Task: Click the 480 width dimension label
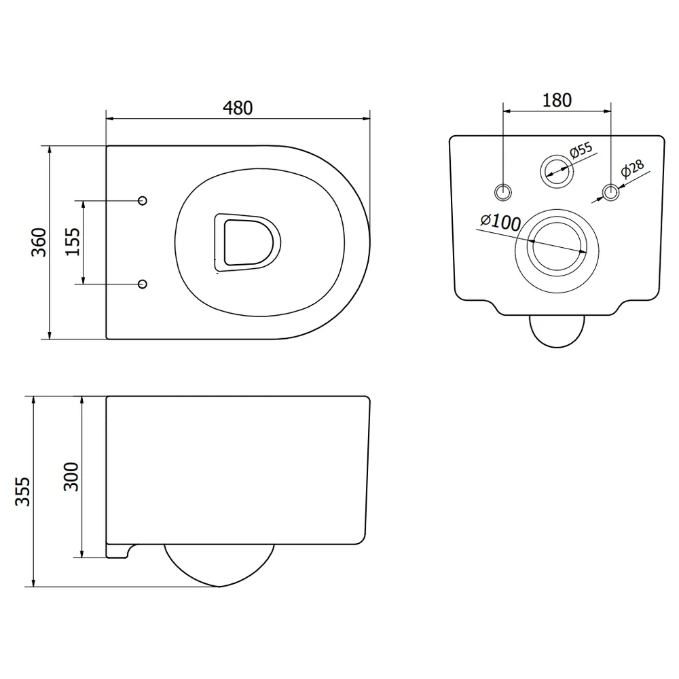238,108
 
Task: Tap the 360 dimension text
39,242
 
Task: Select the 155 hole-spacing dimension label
73,242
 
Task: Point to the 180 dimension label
557,100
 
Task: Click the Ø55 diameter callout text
581,149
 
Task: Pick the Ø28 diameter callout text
632,169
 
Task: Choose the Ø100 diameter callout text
500,222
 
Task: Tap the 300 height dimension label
71,477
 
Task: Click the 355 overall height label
22,492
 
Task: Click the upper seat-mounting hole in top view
142,200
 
